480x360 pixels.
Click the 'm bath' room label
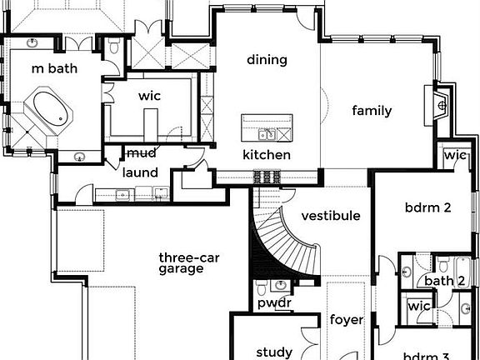[x=54, y=68]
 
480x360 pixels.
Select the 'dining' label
[x=267, y=59]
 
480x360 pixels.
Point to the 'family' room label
[x=371, y=111]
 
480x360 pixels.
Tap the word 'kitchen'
[x=267, y=155]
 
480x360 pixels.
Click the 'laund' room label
[x=140, y=172]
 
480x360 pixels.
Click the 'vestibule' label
[x=331, y=216]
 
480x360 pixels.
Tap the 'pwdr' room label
[x=273, y=302]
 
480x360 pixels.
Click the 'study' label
[x=273, y=352]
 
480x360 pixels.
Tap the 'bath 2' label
[x=444, y=281]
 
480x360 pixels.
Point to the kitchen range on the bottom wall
[x=267, y=176]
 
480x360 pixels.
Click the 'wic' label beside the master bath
[x=150, y=96]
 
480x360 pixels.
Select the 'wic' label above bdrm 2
[x=455, y=155]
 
